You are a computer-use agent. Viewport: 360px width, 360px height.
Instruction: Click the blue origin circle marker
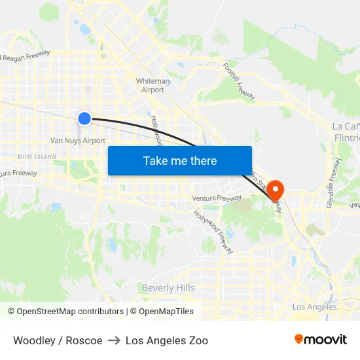[x=84, y=118]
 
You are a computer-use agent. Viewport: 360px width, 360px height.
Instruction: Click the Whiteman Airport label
[x=153, y=85]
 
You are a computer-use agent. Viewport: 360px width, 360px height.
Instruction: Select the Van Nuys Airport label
[x=78, y=141]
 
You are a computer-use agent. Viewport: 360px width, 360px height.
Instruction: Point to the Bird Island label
[x=37, y=157]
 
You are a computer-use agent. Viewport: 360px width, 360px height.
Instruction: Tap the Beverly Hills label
[x=168, y=288]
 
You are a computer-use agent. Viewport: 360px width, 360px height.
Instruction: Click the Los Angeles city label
[x=314, y=307]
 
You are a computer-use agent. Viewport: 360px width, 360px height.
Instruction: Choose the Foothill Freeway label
[x=238, y=81]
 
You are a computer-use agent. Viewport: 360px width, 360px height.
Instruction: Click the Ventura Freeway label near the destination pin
[x=217, y=198]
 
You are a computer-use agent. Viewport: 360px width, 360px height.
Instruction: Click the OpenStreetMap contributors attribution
[x=65, y=312]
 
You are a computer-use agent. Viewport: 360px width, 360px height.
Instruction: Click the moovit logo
[x=321, y=340]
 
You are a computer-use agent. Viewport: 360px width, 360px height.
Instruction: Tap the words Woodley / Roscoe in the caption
[x=58, y=340]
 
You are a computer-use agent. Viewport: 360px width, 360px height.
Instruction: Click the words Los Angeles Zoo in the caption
[x=167, y=340]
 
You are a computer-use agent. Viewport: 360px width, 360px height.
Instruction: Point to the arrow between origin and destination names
[x=114, y=340]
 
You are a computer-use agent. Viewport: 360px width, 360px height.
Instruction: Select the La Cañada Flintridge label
[x=346, y=132]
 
